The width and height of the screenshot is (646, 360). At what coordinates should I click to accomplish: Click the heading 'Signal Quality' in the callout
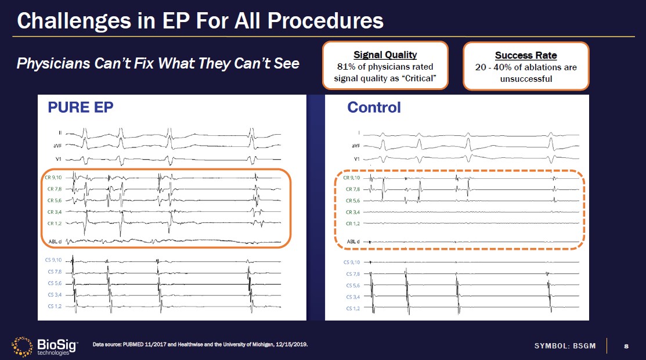click(385, 55)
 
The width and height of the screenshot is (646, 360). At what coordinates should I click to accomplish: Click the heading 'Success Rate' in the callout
click(525, 56)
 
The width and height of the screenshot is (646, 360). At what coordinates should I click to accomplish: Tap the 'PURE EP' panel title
click(81, 108)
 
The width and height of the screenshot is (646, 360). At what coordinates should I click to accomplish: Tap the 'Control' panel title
click(374, 107)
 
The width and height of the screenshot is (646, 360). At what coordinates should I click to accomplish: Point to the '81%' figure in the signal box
click(347, 67)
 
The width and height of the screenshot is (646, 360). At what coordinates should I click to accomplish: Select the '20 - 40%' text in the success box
click(494, 67)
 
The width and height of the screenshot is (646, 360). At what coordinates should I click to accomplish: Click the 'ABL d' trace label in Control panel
click(353, 242)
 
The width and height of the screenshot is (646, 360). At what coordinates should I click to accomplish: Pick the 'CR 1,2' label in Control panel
click(353, 224)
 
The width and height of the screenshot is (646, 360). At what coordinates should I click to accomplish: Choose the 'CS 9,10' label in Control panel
click(352, 262)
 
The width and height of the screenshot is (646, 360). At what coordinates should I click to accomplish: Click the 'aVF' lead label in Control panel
click(355, 147)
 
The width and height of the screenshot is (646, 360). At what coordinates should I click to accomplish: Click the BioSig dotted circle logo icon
click(23, 346)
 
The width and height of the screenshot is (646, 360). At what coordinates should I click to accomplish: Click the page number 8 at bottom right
click(626, 346)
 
